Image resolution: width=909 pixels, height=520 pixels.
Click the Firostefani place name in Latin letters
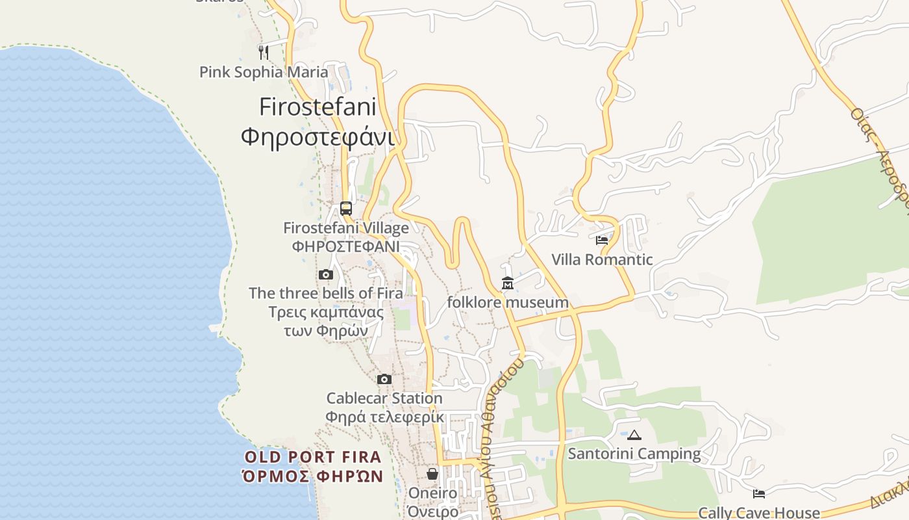(x=318, y=107)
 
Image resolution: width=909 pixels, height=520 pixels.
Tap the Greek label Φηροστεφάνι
(x=318, y=137)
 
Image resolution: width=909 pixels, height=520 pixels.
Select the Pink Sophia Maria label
(x=264, y=72)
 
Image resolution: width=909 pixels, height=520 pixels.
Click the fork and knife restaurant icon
(x=264, y=52)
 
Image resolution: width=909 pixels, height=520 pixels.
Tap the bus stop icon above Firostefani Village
(x=346, y=209)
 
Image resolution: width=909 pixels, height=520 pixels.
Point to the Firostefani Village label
(x=346, y=228)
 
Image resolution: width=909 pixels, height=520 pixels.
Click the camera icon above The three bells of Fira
(x=326, y=275)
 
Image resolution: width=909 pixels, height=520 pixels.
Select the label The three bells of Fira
(x=326, y=293)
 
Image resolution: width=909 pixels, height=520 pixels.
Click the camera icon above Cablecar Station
(x=384, y=379)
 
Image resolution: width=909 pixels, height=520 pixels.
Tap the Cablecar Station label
(x=384, y=398)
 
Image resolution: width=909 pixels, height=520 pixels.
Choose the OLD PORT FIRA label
(x=313, y=456)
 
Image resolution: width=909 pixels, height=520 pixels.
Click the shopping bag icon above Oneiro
(x=432, y=474)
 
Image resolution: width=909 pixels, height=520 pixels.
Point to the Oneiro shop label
(x=432, y=493)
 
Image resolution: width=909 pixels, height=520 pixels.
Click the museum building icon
(x=508, y=283)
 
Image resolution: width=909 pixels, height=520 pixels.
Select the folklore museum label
(x=508, y=302)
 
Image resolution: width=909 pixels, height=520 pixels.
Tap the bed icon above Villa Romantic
(x=602, y=240)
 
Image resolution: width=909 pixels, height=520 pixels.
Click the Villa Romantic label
(x=602, y=260)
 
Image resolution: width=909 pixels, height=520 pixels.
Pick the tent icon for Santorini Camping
(x=634, y=435)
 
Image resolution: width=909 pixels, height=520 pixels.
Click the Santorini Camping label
(x=634, y=454)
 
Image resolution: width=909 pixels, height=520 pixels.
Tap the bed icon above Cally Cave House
(x=758, y=494)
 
